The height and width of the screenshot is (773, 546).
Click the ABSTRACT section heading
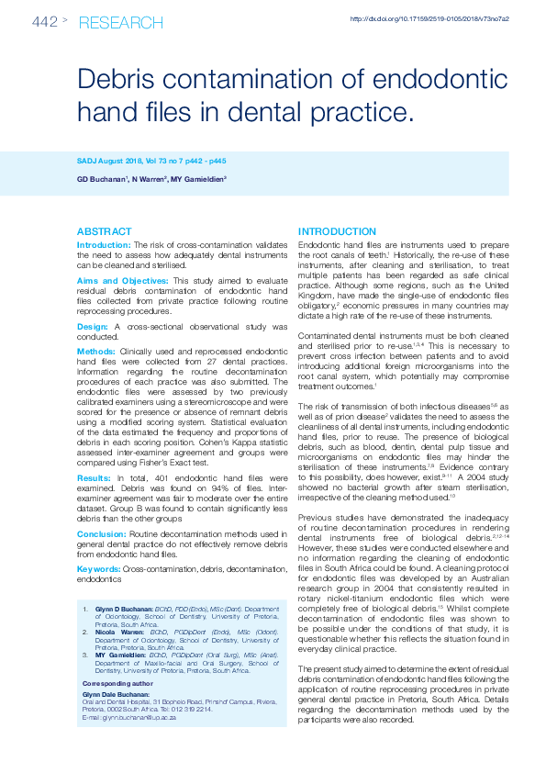pos(105,231)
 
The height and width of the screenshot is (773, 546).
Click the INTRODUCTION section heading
pos(337,231)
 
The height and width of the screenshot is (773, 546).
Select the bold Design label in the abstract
pos(93,326)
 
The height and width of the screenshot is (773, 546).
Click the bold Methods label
pos(96,351)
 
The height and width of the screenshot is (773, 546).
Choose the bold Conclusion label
pos(101,533)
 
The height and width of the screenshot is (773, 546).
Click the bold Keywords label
pos(98,569)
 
